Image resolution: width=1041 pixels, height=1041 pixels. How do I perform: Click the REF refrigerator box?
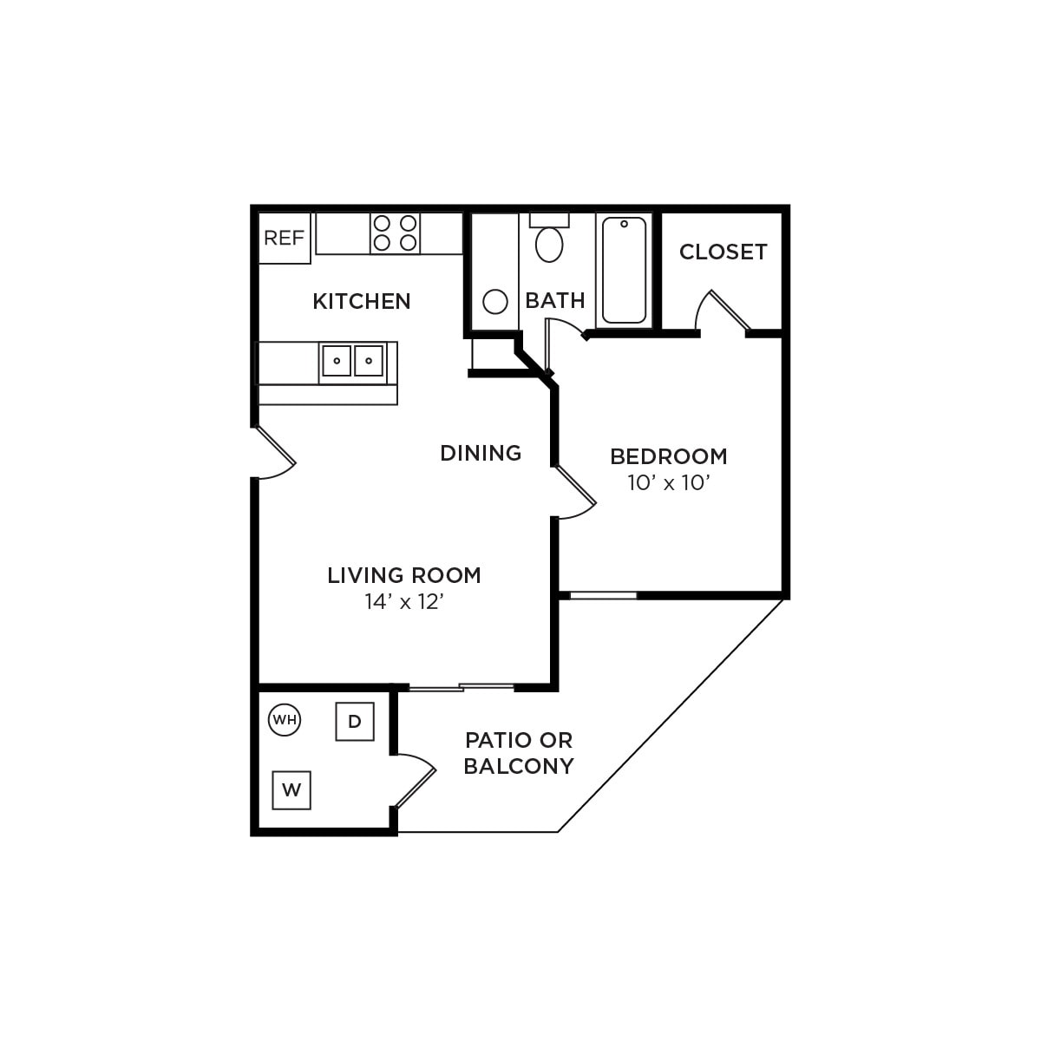click(285, 238)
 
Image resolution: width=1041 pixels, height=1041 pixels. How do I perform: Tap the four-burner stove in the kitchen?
click(396, 233)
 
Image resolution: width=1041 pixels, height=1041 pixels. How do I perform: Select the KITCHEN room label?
click(362, 301)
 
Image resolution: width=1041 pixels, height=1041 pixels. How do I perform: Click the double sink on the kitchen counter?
click(352, 361)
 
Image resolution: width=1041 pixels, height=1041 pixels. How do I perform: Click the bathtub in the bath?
click(624, 270)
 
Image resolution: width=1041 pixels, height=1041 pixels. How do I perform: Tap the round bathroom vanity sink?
click(494, 302)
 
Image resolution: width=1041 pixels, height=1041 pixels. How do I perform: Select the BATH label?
click(555, 300)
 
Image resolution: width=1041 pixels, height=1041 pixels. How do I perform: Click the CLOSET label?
click(723, 252)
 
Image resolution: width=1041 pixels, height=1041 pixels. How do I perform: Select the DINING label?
click(481, 453)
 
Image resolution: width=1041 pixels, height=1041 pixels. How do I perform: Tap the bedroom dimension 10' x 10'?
click(669, 483)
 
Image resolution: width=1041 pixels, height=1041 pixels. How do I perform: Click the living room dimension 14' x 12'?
click(404, 602)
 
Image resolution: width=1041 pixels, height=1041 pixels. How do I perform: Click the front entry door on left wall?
click(276, 453)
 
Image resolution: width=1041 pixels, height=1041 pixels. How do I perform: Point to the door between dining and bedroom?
click(575, 493)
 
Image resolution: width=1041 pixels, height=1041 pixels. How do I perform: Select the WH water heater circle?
click(285, 719)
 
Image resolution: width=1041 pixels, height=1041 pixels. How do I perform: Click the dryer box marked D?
click(355, 722)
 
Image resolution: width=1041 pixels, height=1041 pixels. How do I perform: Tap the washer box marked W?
click(291, 790)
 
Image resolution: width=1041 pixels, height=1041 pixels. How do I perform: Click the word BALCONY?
click(519, 766)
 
